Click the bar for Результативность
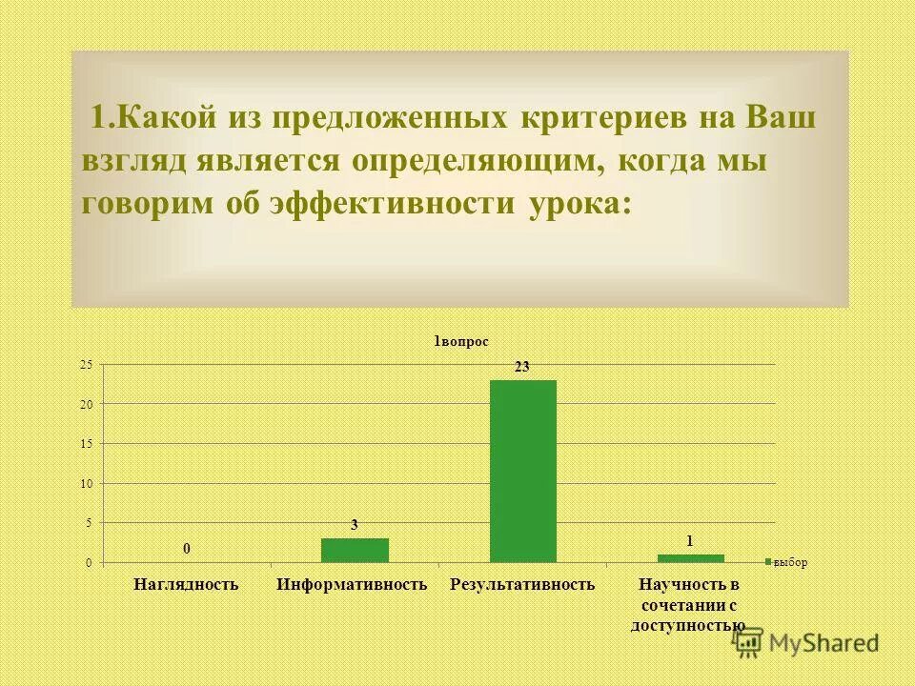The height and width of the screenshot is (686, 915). [522, 471]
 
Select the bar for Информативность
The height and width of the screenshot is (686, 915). [355, 551]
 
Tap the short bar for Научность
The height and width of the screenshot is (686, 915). [690, 558]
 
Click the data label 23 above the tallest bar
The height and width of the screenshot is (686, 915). [522, 366]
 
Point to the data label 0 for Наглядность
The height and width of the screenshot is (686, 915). [187, 549]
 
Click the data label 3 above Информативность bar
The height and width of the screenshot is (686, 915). [355, 525]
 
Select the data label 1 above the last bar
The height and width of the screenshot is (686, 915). [690, 540]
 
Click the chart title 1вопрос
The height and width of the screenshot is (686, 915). [461, 341]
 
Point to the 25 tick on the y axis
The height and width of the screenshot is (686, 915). [86, 365]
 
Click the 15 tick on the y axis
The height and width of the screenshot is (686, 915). [86, 444]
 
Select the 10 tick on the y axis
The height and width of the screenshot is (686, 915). [86, 484]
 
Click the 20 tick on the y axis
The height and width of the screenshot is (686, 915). [86, 405]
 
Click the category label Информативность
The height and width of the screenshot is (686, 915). [353, 583]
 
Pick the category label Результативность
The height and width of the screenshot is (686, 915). [523, 583]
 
